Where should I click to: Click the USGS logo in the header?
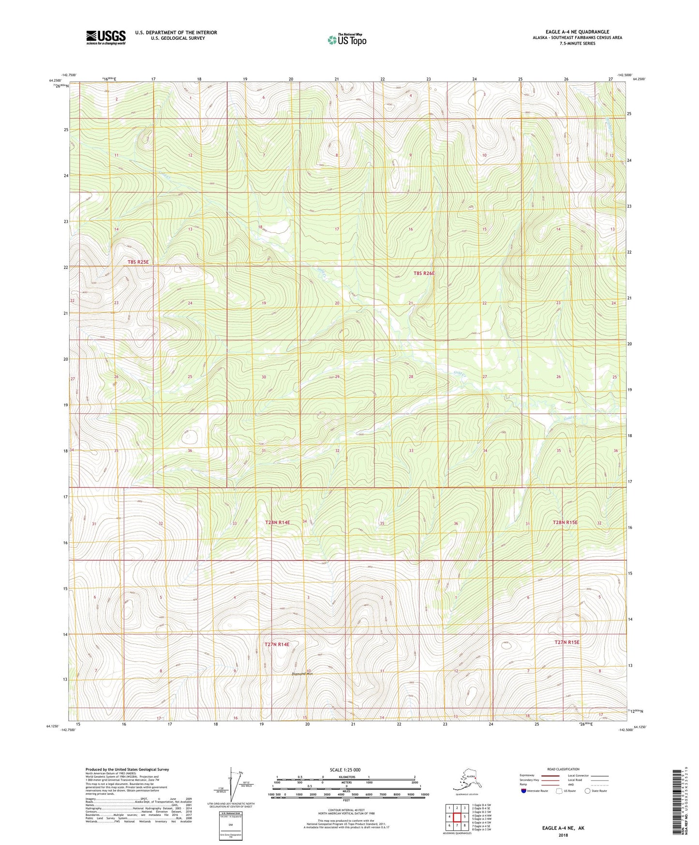point(105,37)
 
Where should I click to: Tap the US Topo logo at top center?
point(347,40)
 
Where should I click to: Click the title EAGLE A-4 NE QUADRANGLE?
point(577,32)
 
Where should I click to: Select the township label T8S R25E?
point(138,262)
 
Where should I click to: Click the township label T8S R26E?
point(424,273)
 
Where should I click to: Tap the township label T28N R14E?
point(277,523)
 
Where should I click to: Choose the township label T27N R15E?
point(566,642)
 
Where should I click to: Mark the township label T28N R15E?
point(565,523)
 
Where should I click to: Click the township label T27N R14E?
point(277,645)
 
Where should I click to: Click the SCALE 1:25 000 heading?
point(345,770)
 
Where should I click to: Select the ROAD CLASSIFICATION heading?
point(563,769)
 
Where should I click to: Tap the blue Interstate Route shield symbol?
point(524,791)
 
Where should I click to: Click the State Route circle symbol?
point(588,791)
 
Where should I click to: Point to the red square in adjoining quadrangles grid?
point(457,816)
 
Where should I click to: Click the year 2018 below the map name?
point(563,835)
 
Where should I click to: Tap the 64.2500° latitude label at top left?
point(55,81)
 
